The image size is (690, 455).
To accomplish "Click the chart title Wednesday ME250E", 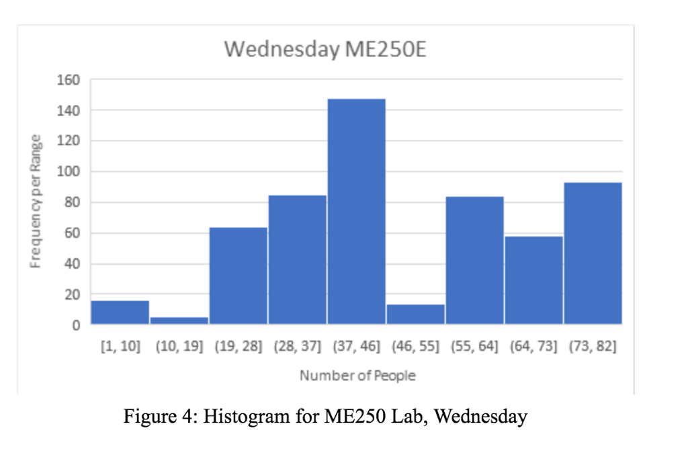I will [325, 50].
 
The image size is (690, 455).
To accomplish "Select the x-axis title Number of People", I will [357, 376].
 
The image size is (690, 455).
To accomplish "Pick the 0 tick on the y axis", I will [76, 325].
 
